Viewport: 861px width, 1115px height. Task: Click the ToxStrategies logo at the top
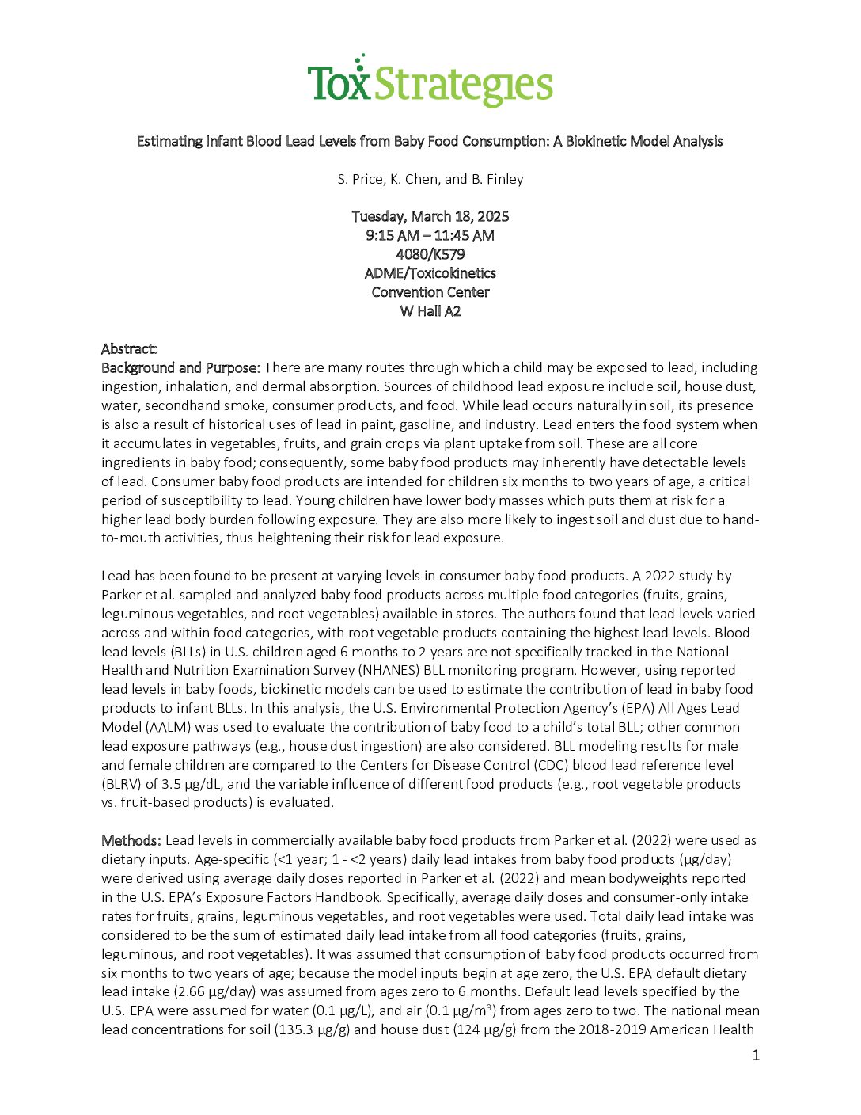click(430, 82)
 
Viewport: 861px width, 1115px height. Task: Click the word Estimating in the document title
click(169, 141)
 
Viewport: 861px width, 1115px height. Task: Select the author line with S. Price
click(430, 179)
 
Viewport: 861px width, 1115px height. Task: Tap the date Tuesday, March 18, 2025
click(430, 216)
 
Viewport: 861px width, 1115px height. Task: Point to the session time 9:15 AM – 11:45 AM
click(430, 235)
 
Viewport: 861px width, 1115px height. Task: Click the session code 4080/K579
click(430, 254)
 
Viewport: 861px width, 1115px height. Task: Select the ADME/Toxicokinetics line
click(430, 273)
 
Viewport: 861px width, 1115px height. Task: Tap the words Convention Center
click(430, 292)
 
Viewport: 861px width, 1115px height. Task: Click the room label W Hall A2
click(430, 311)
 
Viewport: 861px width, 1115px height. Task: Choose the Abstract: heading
click(129, 349)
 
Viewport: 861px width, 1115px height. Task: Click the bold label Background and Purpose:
click(180, 367)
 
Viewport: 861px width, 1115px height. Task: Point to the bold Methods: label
click(131, 840)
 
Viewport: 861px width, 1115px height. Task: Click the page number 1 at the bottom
click(756, 1055)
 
